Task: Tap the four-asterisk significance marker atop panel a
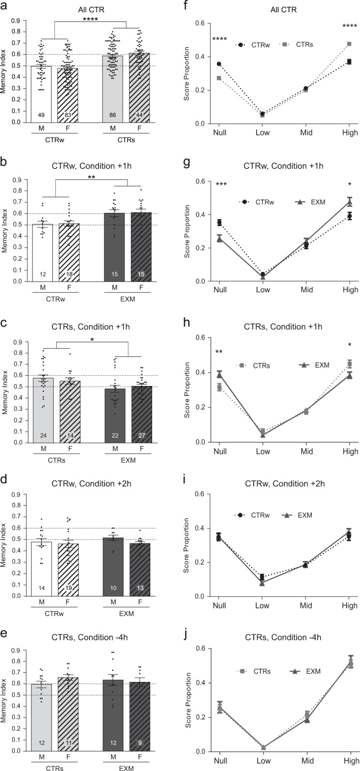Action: point(91,19)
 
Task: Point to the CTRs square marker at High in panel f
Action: point(348,44)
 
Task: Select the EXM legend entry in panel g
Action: point(310,202)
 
